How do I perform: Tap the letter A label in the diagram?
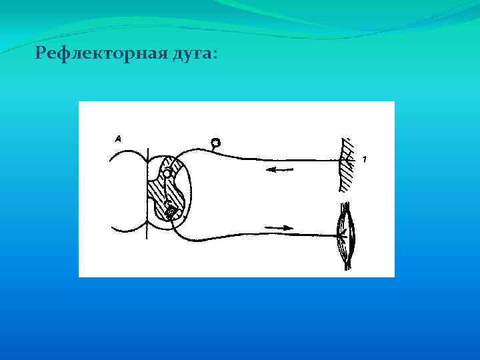point(117,139)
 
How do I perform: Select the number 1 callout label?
point(365,159)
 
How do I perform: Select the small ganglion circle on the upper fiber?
point(215,142)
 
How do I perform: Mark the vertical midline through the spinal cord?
point(146,200)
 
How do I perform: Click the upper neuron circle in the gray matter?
point(168,173)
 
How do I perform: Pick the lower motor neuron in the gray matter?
point(171,213)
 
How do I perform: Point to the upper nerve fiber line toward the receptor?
point(293,159)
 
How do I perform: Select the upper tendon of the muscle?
point(345,208)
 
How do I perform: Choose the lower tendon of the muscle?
point(347,264)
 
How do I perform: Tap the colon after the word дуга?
point(214,56)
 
